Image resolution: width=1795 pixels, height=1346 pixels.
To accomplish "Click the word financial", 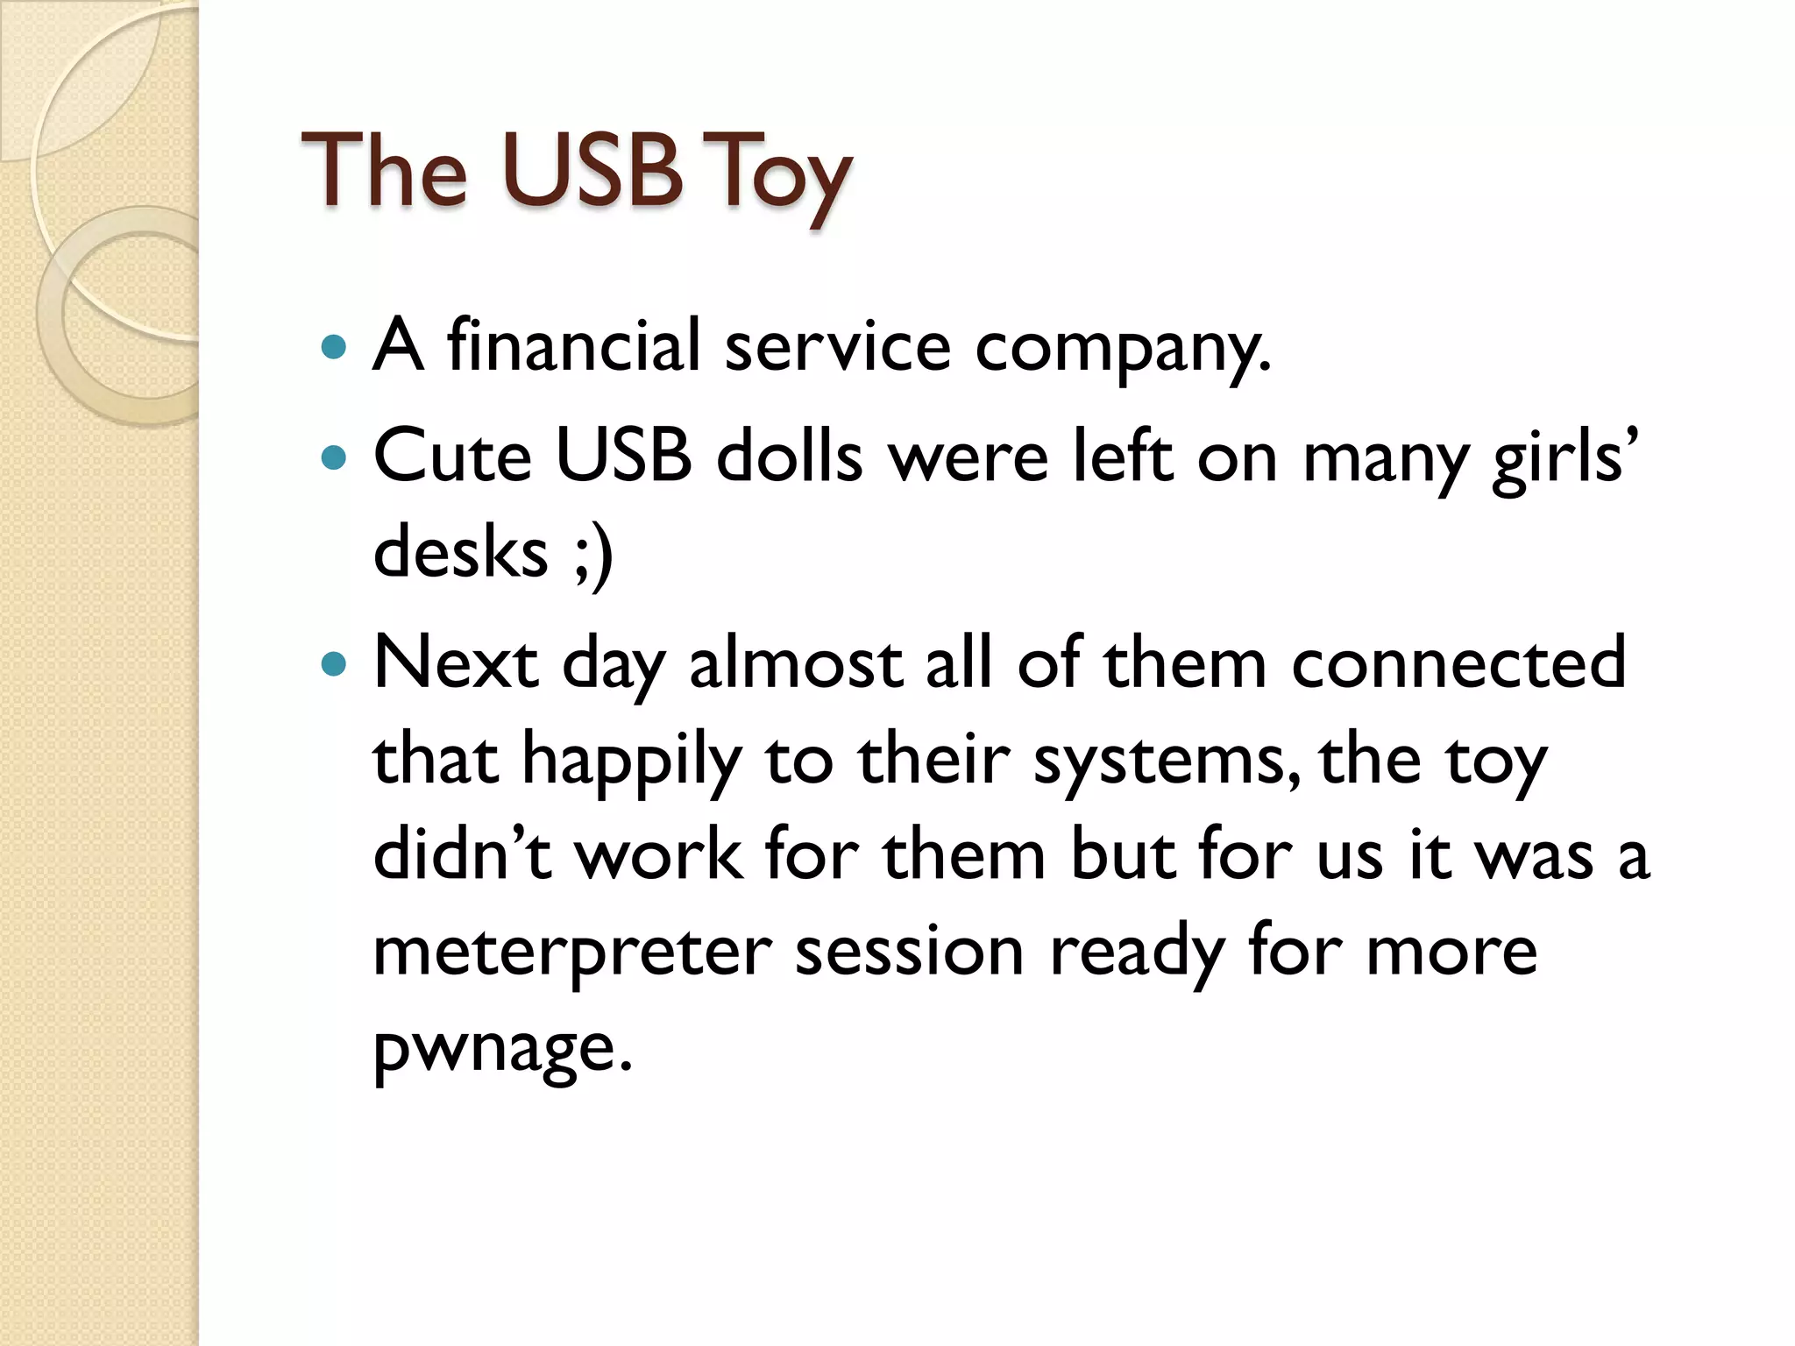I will pos(573,345).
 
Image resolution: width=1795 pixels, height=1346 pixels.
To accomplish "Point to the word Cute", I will pos(452,457).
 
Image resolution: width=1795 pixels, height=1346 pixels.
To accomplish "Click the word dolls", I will pos(789,457).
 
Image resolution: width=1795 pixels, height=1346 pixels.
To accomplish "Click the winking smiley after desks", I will pos(593,555).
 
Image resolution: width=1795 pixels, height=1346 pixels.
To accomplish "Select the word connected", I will pos(1458,663).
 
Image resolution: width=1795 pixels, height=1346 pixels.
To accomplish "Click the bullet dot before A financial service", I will pos(335,347).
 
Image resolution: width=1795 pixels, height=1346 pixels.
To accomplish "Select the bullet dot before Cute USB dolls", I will pos(335,457).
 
